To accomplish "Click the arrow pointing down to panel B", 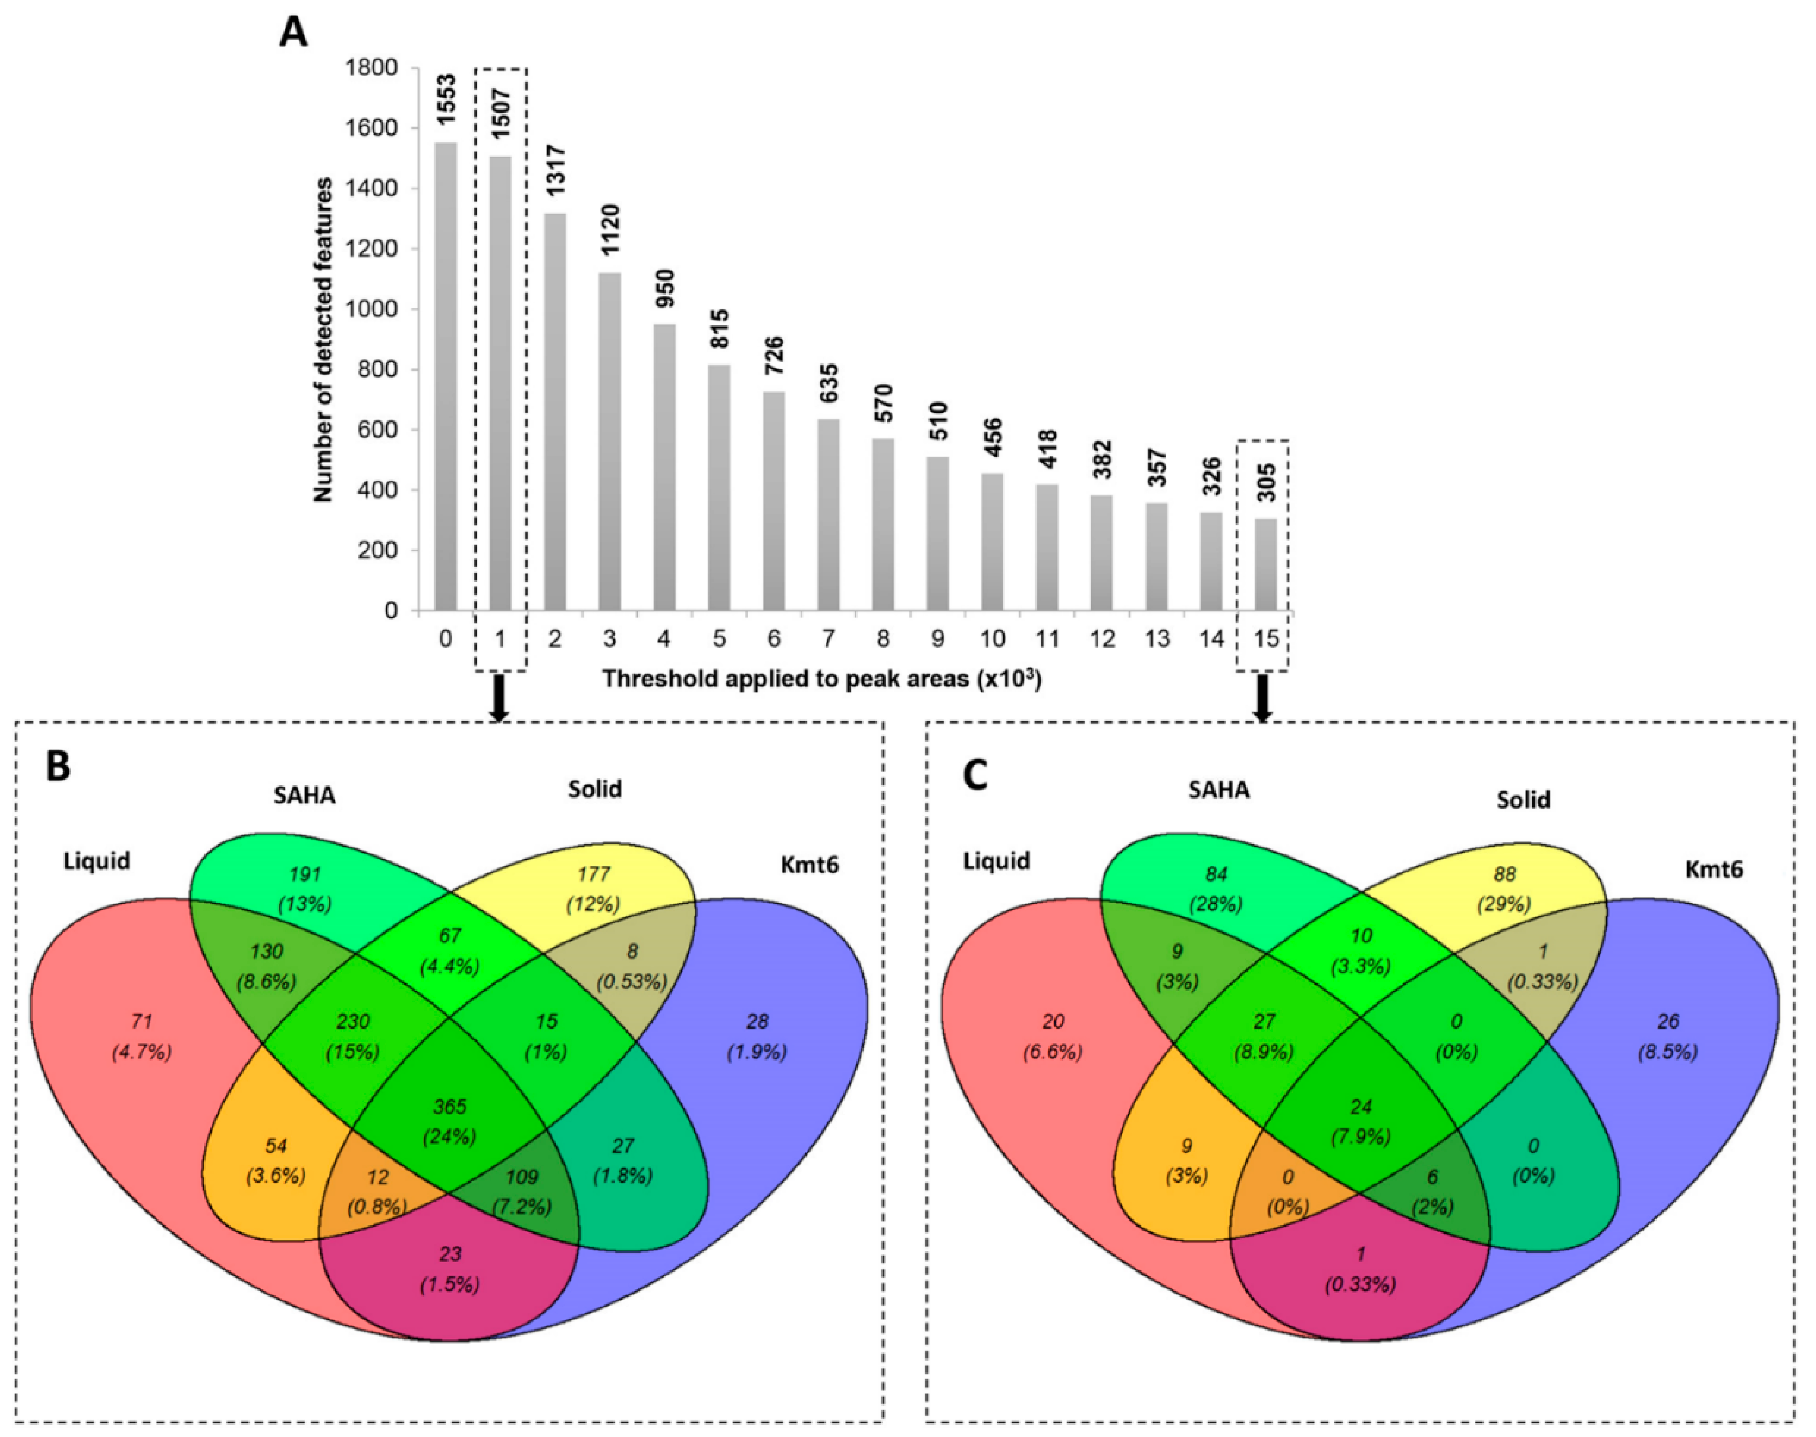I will point(500,698).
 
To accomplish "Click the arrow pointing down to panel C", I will point(1262,698).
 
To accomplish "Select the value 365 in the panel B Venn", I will point(450,1106).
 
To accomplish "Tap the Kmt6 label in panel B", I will point(809,865).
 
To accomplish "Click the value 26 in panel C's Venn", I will point(1667,1021).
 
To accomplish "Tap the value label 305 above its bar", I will point(1266,483).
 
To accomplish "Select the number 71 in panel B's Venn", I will point(142,1021).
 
